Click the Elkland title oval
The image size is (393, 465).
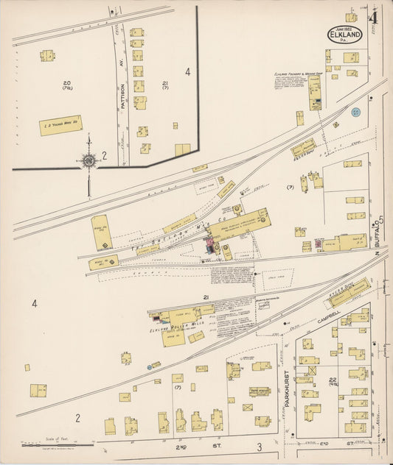click(345, 35)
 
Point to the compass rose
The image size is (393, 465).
click(88, 160)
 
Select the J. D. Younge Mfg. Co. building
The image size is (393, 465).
click(60, 125)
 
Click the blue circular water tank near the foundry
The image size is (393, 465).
click(356, 112)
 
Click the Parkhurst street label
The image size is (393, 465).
click(287, 383)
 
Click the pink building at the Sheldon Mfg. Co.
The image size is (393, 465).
click(209, 249)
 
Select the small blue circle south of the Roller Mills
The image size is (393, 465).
click(156, 364)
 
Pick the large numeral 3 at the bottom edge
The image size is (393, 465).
click(259, 447)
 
